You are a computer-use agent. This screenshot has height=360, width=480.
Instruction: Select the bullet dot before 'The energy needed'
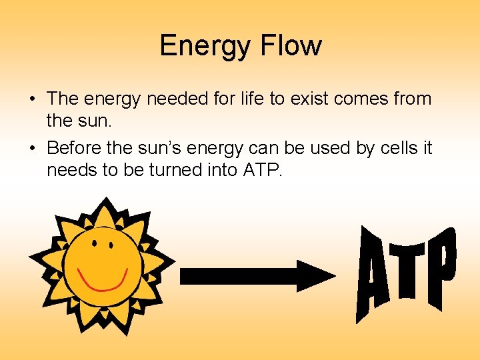point(33,100)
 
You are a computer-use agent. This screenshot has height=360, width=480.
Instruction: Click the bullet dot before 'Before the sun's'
point(33,148)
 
